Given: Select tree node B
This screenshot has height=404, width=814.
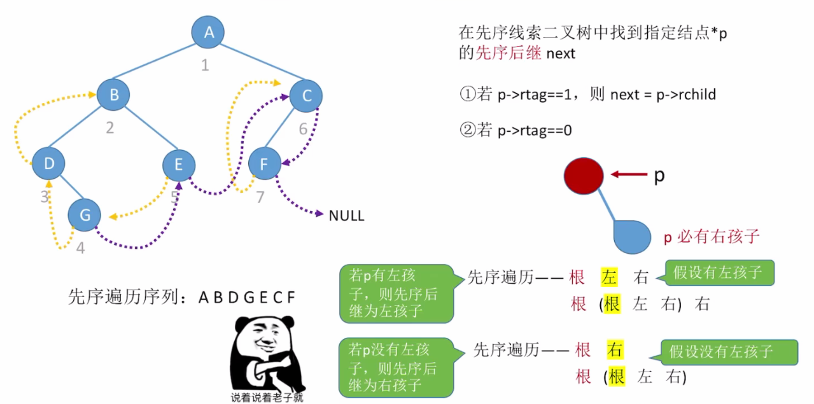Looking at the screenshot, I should tap(114, 95).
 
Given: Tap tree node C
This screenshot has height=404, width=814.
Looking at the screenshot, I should tap(306, 96).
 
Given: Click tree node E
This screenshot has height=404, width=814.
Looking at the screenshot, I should tap(179, 164).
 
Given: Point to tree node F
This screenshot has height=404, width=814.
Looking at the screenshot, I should tap(264, 164).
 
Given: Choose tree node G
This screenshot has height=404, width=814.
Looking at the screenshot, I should tap(85, 215).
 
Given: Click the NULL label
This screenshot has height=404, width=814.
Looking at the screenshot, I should tap(346, 216).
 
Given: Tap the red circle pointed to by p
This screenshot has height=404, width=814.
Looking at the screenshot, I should tap(583, 175).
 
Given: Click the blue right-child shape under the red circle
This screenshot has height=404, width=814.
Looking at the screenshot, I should tap(631, 236).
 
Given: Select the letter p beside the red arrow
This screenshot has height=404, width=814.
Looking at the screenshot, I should tap(659, 176).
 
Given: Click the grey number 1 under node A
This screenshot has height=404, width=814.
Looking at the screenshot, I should tap(205, 64).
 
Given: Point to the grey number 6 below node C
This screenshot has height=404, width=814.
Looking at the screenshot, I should tap(304, 129).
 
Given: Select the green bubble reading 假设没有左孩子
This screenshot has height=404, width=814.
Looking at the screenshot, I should tap(729, 352).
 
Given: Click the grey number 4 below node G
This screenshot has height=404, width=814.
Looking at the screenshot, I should tap(80, 248).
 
